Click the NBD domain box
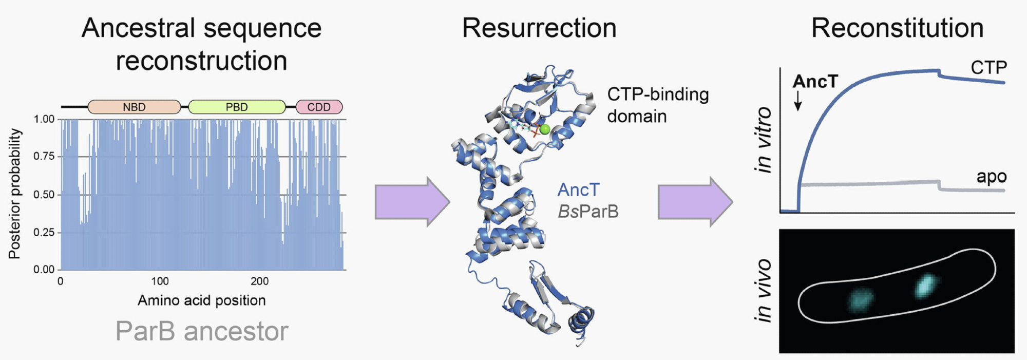point(134,107)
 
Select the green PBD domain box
point(237,107)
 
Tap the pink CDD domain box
point(319,107)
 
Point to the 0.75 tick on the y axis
point(44,156)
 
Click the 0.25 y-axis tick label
point(44,232)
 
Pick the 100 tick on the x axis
point(160,281)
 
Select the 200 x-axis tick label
point(259,281)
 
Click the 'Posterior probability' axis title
point(15,194)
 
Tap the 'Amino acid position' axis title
point(202,300)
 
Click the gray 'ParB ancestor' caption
point(202,331)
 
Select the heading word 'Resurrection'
point(539,28)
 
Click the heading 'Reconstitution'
point(897,28)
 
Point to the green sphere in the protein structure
point(545,129)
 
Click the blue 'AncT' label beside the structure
point(578,190)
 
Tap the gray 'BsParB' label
point(588,211)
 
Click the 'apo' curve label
point(991,177)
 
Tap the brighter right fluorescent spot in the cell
point(926,286)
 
